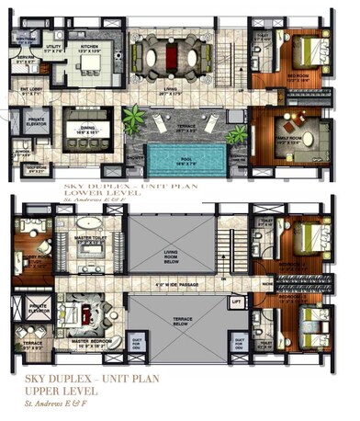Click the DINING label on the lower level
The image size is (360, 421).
point(88,131)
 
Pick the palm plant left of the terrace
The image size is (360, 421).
point(135,119)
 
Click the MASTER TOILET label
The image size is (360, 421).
point(89,239)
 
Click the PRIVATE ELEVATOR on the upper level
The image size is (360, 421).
point(37,310)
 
